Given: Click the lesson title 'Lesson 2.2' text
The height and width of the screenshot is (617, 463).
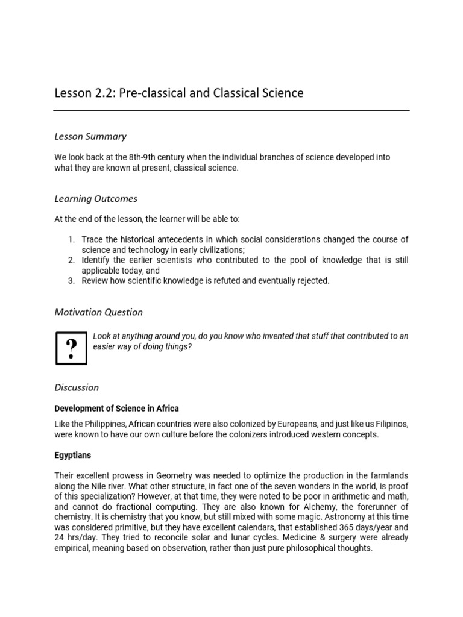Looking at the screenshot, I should [x=82, y=93].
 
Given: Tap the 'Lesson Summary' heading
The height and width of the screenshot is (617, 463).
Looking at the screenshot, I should [x=90, y=137].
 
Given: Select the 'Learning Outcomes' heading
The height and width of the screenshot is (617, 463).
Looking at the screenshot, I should [x=96, y=199].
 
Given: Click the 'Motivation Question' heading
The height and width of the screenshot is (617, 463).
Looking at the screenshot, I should [x=98, y=312].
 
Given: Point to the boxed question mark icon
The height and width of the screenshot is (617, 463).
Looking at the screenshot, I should [x=71, y=348].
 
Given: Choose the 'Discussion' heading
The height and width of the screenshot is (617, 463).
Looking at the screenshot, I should [x=77, y=387].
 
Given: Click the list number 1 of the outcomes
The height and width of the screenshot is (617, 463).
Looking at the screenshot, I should [x=71, y=240].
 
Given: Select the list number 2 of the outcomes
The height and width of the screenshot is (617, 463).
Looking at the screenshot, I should [x=71, y=260].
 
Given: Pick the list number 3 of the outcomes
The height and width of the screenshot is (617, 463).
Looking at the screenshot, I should [x=71, y=281].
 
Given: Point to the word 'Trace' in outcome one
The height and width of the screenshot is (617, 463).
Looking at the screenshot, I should [x=92, y=240].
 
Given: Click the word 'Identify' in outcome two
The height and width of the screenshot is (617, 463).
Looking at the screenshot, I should [x=96, y=260].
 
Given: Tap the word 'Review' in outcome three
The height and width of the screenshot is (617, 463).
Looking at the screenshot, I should [x=95, y=281].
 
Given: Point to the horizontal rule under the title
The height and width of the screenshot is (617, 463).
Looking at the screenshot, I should [x=231, y=111].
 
